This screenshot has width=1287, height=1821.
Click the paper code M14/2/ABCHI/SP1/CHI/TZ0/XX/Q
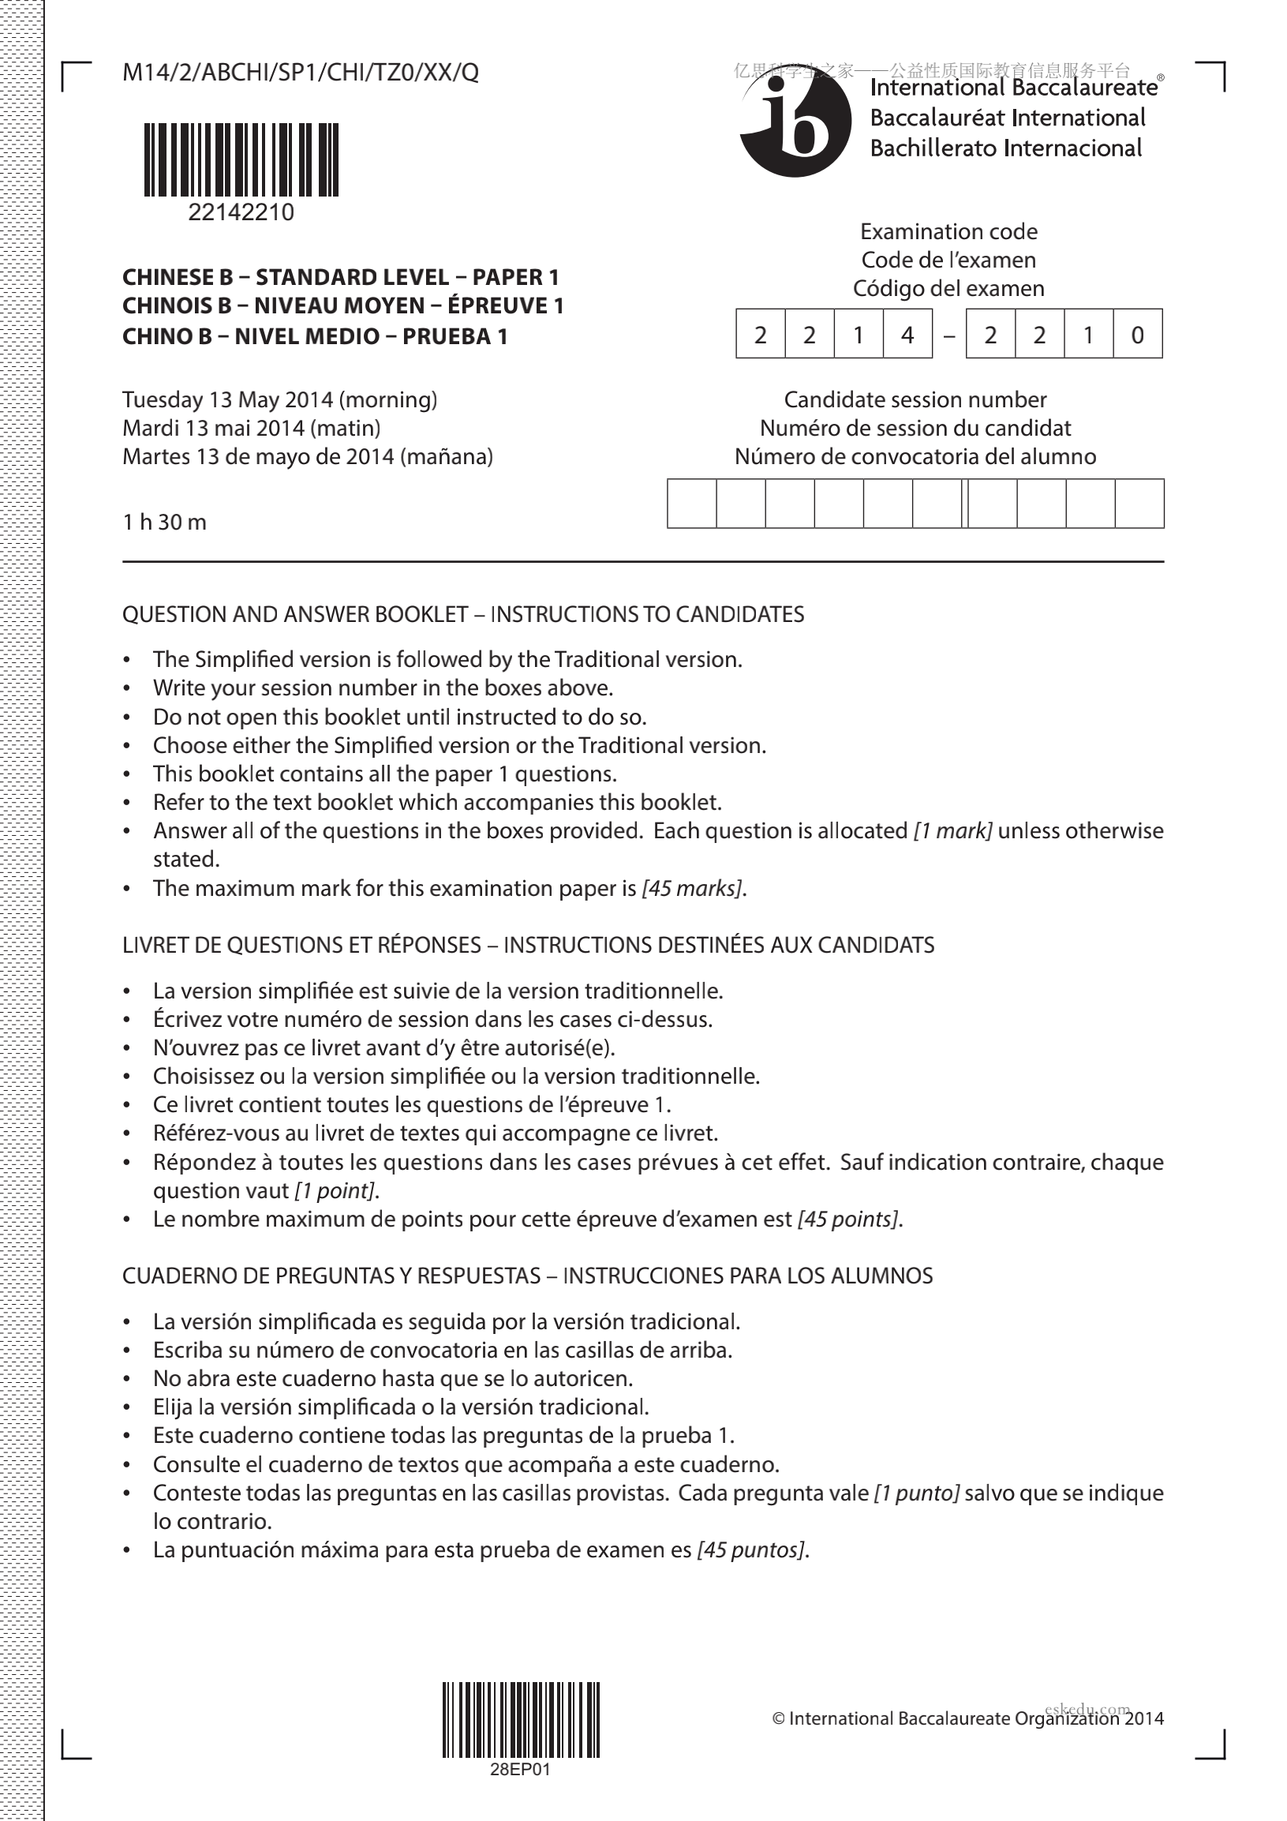click(x=301, y=73)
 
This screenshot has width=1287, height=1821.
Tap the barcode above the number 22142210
click(x=241, y=159)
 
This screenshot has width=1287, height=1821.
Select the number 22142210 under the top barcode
click(x=241, y=212)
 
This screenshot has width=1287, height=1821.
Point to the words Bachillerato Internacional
click(x=1005, y=148)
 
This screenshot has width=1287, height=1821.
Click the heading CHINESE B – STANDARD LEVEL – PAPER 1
click(x=341, y=278)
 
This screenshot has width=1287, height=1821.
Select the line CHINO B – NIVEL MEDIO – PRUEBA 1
click(x=315, y=336)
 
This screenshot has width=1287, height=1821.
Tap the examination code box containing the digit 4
click(x=907, y=335)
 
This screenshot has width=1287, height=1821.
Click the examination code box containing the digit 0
click(x=1138, y=335)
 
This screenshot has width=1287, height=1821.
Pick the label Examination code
click(x=948, y=231)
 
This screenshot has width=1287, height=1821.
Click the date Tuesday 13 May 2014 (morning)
click(x=280, y=399)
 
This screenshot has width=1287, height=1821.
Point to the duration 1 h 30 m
click(x=165, y=522)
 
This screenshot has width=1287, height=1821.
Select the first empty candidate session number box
click(x=692, y=504)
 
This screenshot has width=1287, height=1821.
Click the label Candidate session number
click(x=915, y=399)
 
